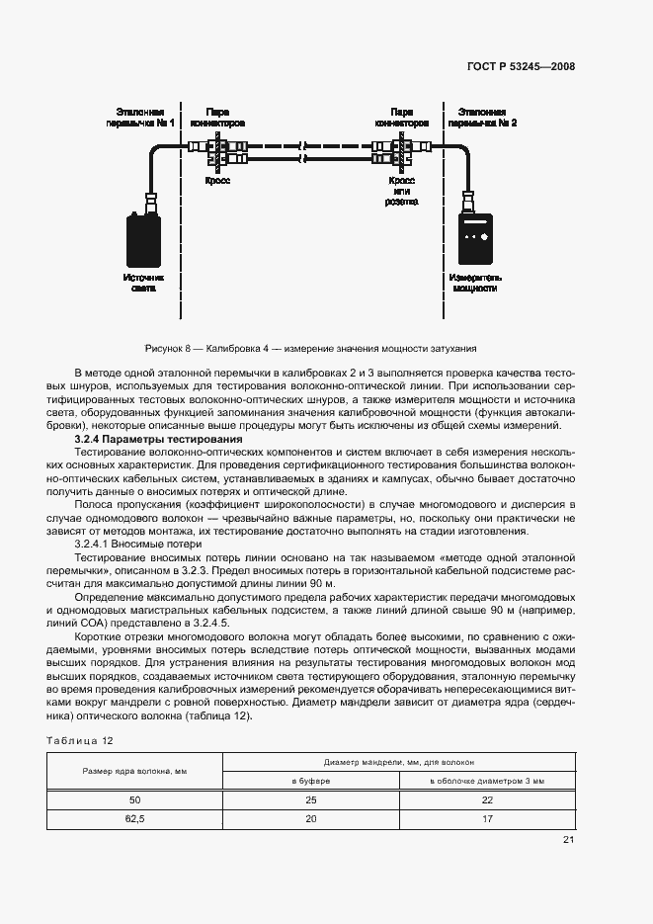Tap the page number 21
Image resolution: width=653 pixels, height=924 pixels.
(x=568, y=840)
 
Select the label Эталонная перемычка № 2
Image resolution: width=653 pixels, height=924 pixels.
(x=482, y=118)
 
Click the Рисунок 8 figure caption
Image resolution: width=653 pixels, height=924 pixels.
(x=310, y=349)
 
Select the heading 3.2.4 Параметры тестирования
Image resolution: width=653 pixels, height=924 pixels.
(x=158, y=439)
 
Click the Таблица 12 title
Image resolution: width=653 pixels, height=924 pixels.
(x=80, y=740)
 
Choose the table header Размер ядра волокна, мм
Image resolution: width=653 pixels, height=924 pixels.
(x=134, y=771)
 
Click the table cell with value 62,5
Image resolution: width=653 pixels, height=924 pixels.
(x=134, y=819)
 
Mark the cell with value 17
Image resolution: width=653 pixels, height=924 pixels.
(x=486, y=819)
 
